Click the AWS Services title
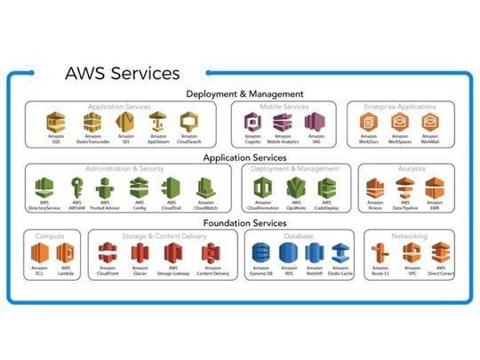(123, 73)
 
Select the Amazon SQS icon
(55, 122)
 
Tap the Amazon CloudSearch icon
(188, 122)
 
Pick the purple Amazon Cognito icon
(252, 122)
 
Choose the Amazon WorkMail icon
(429, 122)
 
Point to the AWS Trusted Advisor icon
(106, 188)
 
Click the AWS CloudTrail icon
(172, 188)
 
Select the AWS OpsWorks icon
(294, 188)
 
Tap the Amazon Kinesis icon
(376, 188)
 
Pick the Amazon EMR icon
(433, 188)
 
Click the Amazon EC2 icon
(39, 254)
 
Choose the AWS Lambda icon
(65, 254)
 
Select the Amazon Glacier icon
(140, 254)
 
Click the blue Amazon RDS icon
(288, 254)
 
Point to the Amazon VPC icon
(412, 254)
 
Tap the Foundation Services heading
(244, 223)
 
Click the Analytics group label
(411, 168)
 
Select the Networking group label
(409, 236)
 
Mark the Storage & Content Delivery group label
(164, 236)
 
